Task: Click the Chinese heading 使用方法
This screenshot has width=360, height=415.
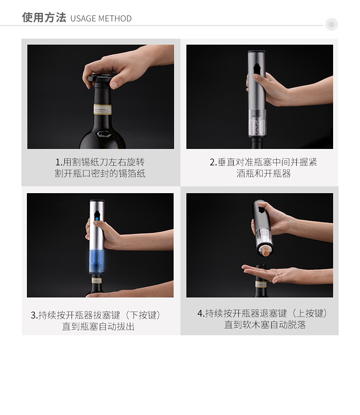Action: pyautogui.click(x=44, y=17)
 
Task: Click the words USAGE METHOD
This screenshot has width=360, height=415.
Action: pyautogui.click(x=101, y=19)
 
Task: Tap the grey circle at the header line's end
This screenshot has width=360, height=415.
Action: pyautogui.click(x=331, y=24)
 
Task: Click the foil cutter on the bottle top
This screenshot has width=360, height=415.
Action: pyautogui.click(x=101, y=78)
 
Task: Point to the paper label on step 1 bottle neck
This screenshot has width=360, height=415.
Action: pyautogui.click(x=103, y=110)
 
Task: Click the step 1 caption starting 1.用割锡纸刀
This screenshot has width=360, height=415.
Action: pyautogui.click(x=100, y=162)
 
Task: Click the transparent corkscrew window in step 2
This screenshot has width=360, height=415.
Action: pyautogui.click(x=257, y=123)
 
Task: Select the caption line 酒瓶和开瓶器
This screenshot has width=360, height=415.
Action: pyautogui.click(x=264, y=174)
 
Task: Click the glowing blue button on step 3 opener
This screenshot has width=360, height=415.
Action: pyautogui.click(x=97, y=219)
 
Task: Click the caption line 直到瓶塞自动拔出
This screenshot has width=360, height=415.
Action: pyautogui.click(x=98, y=326)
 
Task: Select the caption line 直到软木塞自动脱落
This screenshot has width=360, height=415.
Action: pyautogui.click(x=265, y=324)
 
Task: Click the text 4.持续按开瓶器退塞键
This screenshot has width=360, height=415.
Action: pyautogui.click(x=242, y=313)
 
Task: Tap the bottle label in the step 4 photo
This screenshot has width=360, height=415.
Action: pyautogui.click(x=261, y=285)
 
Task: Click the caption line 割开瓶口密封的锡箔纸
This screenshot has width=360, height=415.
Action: pyautogui.click(x=100, y=174)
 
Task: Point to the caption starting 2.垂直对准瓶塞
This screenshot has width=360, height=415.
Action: pyautogui.click(x=263, y=162)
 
